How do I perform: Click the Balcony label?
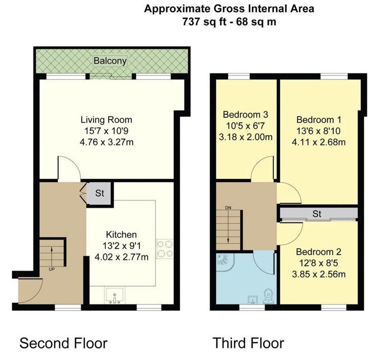pyautogui.click(x=110, y=61)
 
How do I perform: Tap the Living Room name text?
pyautogui.click(x=106, y=120)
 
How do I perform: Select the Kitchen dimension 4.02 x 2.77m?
pyautogui.click(x=121, y=257)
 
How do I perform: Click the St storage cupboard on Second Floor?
pyautogui.click(x=100, y=193)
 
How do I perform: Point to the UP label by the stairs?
pyautogui.click(x=52, y=269)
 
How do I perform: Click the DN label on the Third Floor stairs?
pyautogui.click(x=228, y=208)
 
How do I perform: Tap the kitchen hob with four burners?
pyautogui.click(x=164, y=249)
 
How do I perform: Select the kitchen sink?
pyautogui.click(x=114, y=296)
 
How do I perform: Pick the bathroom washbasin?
pyautogui.click(x=252, y=300)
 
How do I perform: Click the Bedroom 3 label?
pyautogui.click(x=245, y=114)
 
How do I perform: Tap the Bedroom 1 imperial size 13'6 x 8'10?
pyautogui.click(x=319, y=131)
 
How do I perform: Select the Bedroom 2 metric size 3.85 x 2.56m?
pyautogui.click(x=319, y=274)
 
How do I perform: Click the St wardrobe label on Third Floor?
pyautogui.click(x=317, y=214)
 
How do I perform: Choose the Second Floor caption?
pyautogui.click(x=63, y=343)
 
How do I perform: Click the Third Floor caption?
pyautogui.click(x=249, y=343)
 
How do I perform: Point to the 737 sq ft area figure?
pyautogui.click(x=204, y=22)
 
